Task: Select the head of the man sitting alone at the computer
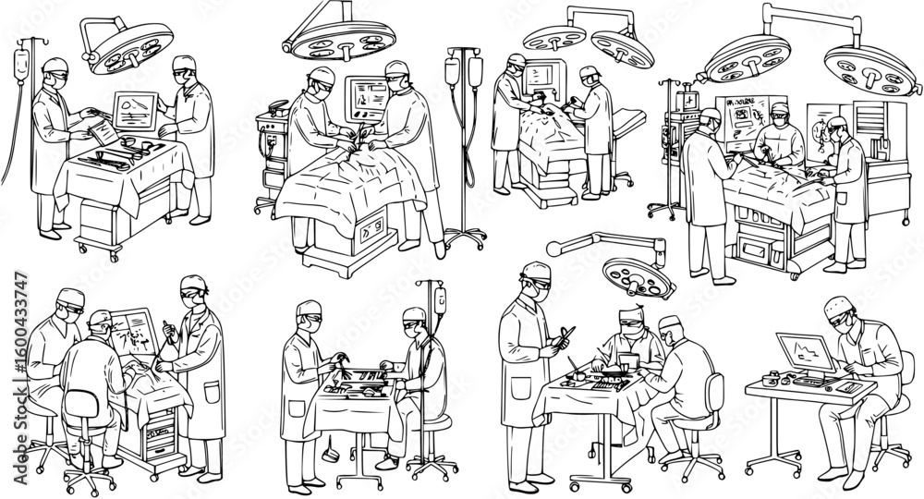(x=839, y=315)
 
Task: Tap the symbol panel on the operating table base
(x=376, y=231)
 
